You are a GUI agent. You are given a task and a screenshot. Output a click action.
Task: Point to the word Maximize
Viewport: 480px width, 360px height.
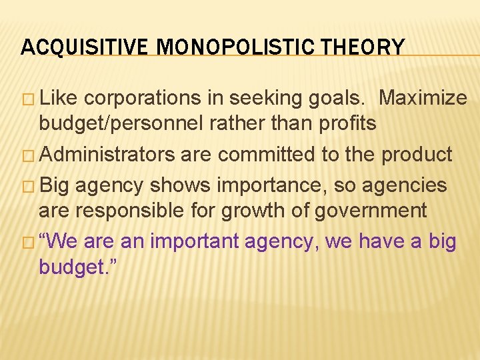[423, 98]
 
